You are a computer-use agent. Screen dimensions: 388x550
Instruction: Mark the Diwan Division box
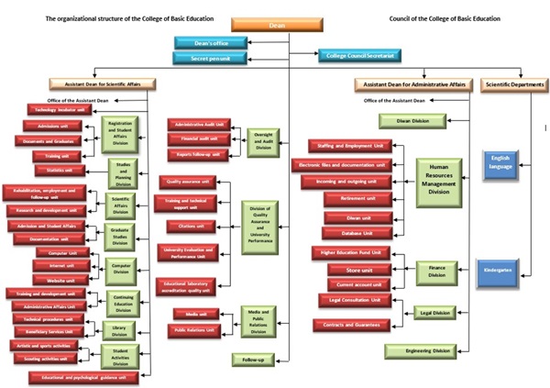pyautogui.click(x=413, y=120)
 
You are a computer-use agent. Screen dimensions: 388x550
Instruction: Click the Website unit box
pyautogui.click(x=60, y=279)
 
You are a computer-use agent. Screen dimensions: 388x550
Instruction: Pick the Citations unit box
pyautogui.click(x=192, y=225)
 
